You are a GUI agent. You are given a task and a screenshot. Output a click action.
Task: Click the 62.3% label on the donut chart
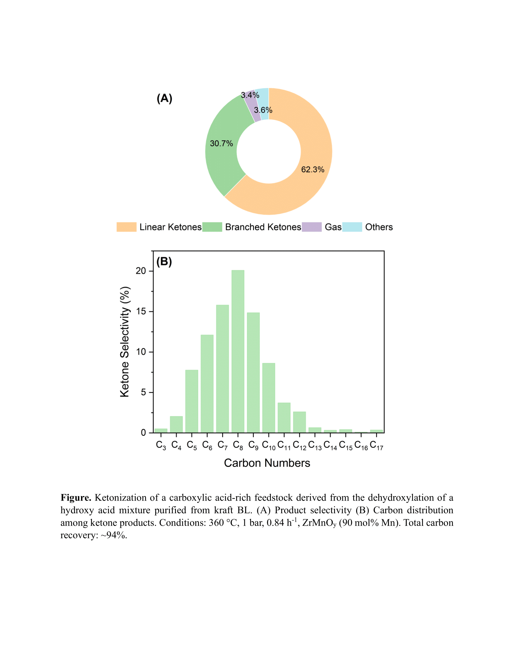pyautogui.click(x=312, y=170)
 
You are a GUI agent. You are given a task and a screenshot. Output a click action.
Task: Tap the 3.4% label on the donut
pyautogui.click(x=250, y=95)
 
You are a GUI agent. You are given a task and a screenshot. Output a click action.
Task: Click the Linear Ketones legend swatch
pyautogui.click(x=126, y=227)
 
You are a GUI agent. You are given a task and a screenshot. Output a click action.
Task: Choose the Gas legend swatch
pyautogui.click(x=311, y=227)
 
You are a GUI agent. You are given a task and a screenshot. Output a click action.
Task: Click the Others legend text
pyautogui.click(x=379, y=227)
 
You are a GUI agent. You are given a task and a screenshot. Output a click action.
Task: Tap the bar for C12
pyautogui.click(x=299, y=422)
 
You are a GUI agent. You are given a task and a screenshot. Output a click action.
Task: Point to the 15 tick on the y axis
pyautogui.click(x=141, y=311)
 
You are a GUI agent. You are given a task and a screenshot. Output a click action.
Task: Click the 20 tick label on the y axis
pyautogui.click(x=141, y=271)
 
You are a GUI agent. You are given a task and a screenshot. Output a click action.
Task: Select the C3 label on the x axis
pyautogui.click(x=161, y=446)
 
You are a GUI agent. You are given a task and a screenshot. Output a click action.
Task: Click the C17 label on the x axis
pyautogui.click(x=376, y=446)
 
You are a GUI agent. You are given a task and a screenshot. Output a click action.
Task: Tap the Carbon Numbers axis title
pyautogui.click(x=267, y=463)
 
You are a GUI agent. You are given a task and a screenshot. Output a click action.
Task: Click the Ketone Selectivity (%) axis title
pyautogui.click(x=125, y=342)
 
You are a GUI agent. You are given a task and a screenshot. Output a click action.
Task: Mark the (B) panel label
pyautogui.click(x=164, y=262)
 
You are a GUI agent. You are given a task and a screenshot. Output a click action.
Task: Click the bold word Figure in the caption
pyautogui.click(x=76, y=498)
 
